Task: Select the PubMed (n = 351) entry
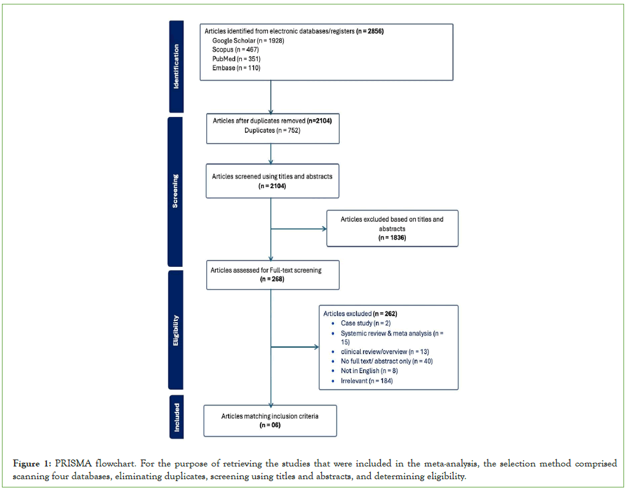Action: pyautogui.click(x=232, y=58)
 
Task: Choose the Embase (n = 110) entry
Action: pyautogui.click(x=232, y=67)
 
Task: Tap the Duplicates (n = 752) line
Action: pyautogui.click(x=272, y=130)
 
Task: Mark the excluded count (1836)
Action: pyautogui.click(x=392, y=237)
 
